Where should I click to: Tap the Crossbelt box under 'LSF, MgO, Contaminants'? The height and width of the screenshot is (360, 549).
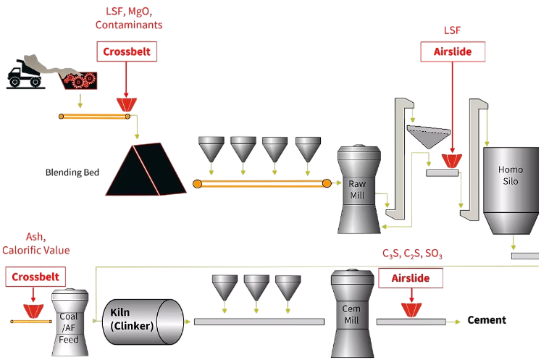tap(127, 51)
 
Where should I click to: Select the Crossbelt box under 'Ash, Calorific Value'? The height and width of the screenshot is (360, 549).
tap(35, 277)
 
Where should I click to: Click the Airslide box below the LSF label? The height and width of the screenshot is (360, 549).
tap(453, 51)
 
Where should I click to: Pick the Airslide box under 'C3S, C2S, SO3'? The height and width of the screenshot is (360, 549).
tap(411, 277)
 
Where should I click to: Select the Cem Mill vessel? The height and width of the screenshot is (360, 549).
tap(351, 311)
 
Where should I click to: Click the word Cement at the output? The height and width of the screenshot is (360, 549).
tap(487, 320)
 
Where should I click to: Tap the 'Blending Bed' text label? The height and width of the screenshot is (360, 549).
tap(72, 172)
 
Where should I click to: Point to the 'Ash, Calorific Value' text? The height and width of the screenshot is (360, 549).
tap(35, 245)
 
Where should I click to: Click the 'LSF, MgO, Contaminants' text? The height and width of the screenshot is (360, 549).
tap(129, 18)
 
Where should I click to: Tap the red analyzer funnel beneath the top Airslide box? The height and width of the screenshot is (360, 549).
tap(453, 159)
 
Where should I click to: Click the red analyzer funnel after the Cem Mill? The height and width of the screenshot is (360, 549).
tap(412, 309)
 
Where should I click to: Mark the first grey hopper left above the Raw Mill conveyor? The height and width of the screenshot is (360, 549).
tap(211, 149)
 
